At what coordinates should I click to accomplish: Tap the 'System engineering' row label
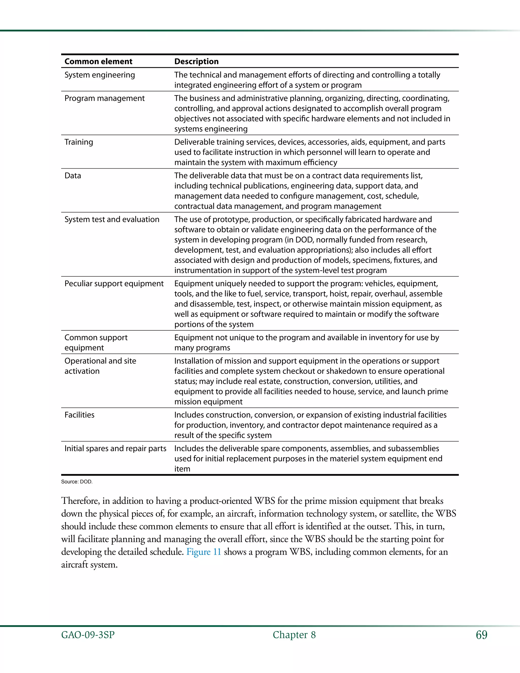[x=100, y=75]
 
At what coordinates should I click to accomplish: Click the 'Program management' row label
[x=104, y=98]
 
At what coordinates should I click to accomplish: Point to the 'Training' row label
[x=78, y=142]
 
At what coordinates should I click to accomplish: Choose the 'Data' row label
[x=73, y=176]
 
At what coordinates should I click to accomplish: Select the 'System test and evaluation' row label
[x=112, y=219]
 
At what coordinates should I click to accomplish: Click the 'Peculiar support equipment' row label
[x=114, y=283]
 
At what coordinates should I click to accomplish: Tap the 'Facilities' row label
[x=79, y=415]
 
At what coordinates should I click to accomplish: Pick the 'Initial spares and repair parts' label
[x=115, y=448]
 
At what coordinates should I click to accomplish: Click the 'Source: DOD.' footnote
[x=77, y=482]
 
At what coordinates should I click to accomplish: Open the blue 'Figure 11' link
[x=204, y=552]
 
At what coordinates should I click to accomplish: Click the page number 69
[x=481, y=635]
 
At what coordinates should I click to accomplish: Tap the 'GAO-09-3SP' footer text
[x=88, y=635]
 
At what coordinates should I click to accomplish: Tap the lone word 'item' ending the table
[x=182, y=469]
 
